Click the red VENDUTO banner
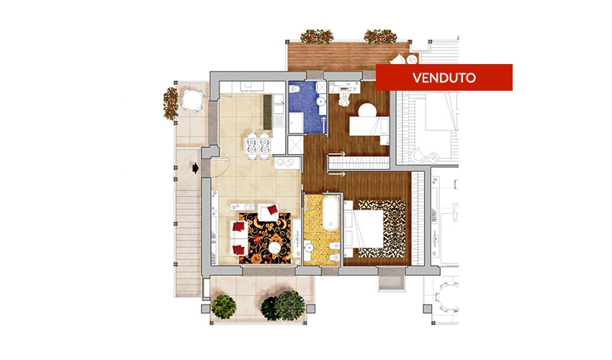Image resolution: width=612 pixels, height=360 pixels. tap(444, 77)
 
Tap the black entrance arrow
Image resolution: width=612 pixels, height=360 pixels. tap(196, 168)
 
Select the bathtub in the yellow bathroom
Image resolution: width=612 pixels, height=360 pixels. tap(330, 212)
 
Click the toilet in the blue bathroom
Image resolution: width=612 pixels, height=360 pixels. tap(294, 89)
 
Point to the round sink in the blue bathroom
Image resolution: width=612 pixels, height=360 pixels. tap(321, 102)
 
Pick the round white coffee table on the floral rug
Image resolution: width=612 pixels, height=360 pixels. tap(275, 248)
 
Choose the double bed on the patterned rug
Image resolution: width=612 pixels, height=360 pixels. tap(364, 229)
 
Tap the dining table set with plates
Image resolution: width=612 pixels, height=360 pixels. tap(258, 145)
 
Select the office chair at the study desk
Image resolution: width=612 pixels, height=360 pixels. tap(345, 99)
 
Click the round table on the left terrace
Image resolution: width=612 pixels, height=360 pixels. tap(193, 99)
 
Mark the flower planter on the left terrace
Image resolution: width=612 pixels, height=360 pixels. tap(171, 103)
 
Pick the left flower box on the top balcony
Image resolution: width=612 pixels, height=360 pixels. tap(317, 36)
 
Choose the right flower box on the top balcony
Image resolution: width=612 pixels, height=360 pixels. tap(381, 36)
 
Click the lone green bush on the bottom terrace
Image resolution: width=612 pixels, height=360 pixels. tap(224, 307)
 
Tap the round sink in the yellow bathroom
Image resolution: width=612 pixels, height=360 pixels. tap(309, 247)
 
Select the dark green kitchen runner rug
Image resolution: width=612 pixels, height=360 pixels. tap(267, 112)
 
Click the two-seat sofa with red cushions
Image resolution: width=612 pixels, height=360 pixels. tap(239, 238)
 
